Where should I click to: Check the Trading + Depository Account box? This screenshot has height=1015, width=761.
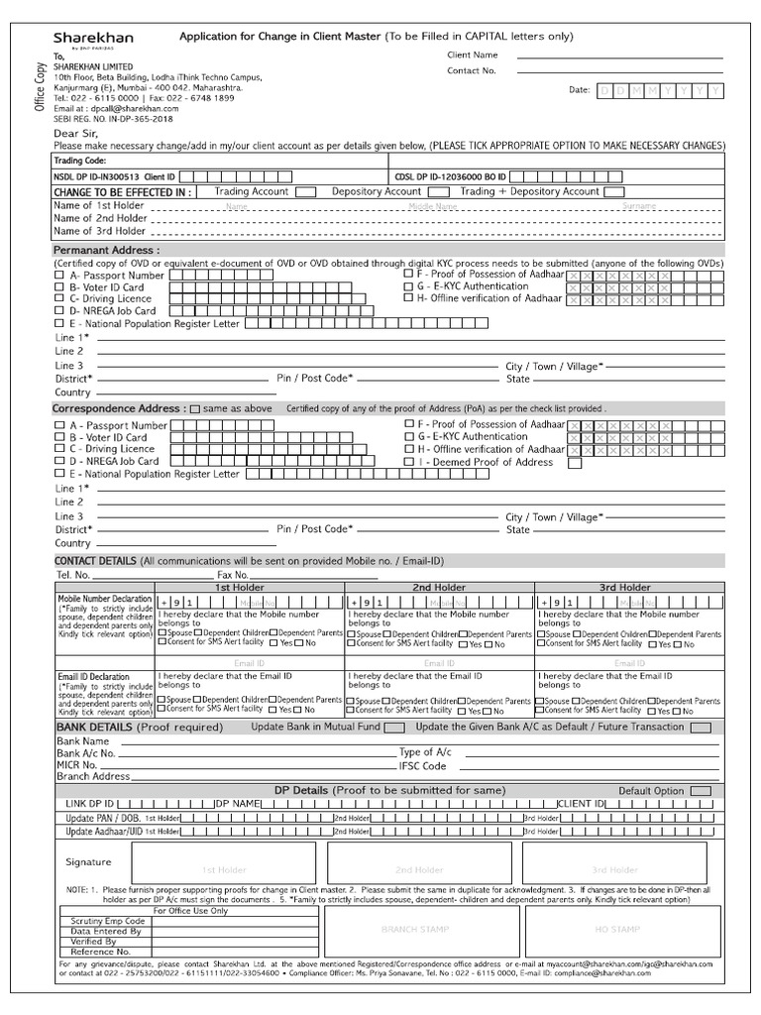[614, 191]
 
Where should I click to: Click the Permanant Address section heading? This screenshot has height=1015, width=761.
[105, 251]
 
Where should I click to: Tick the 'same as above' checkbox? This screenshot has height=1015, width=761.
[194, 408]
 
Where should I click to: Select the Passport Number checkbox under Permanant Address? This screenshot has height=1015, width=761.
[59, 276]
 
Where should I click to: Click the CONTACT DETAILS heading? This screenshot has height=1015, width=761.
[96, 562]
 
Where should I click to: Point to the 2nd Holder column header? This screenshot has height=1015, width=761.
[439, 588]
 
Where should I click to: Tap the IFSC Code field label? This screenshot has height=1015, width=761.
[422, 766]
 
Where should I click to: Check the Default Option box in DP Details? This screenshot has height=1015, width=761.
[701, 791]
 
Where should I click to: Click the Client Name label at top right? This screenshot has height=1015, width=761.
[473, 56]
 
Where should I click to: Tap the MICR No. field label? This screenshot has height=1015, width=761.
[78, 766]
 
